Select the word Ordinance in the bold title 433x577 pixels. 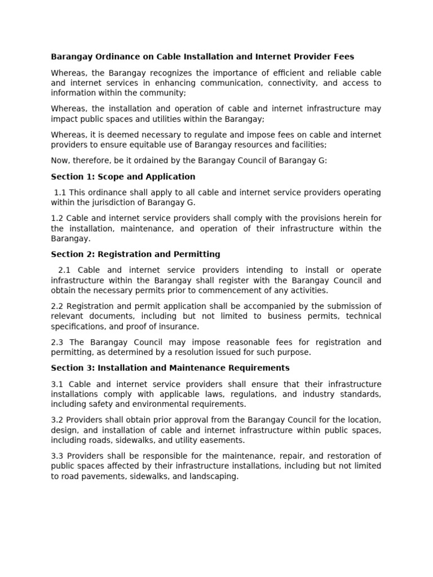click(112, 56)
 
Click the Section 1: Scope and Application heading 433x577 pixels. click(123, 176)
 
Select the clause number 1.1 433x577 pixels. click(60, 192)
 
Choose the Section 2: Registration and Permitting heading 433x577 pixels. click(135, 254)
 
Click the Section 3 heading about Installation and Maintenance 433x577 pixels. click(170, 368)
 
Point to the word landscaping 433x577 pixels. click(215, 476)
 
